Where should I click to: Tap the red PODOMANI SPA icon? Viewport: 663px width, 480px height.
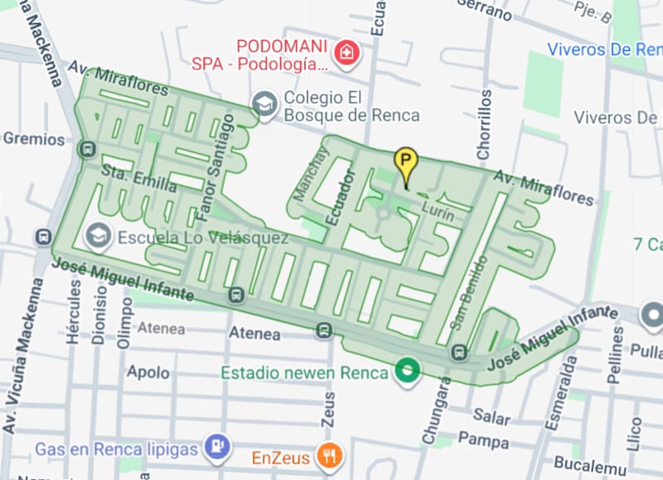(x=348, y=51)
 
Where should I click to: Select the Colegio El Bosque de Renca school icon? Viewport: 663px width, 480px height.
(x=264, y=105)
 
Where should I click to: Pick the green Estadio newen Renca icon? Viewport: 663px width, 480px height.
(x=406, y=372)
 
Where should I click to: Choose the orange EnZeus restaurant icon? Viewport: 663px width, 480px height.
(x=330, y=456)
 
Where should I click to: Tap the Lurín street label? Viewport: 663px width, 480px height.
(x=438, y=211)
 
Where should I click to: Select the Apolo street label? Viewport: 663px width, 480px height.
(x=148, y=372)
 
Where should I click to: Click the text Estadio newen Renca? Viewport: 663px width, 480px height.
(x=303, y=372)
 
